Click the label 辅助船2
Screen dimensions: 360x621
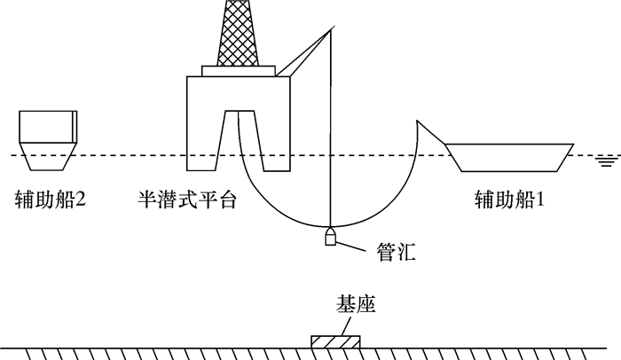pos(50,200)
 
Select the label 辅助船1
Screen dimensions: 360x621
pos(508,200)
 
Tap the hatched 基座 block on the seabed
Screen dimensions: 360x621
pos(336,342)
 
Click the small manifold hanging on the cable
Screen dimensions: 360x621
pos(329,239)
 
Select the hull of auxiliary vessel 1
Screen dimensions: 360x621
pos(511,157)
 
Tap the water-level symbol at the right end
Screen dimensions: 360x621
pos(607,160)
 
